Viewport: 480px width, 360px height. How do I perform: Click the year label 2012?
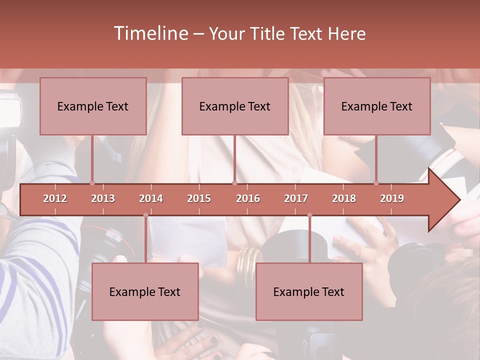click(55, 198)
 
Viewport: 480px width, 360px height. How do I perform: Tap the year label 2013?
click(103, 198)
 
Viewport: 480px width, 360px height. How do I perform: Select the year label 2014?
click(151, 198)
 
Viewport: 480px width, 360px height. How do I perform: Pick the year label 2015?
click(199, 198)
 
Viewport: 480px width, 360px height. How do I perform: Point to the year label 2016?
click(248, 198)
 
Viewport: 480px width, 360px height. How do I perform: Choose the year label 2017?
click(296, 198)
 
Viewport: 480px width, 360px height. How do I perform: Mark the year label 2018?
click(344, 198)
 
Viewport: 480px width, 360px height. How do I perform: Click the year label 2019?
click(392, 198)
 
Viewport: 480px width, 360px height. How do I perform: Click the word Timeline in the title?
click(150, 33)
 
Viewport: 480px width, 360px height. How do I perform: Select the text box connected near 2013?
click(93, 106)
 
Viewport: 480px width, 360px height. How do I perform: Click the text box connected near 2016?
click(235, 106)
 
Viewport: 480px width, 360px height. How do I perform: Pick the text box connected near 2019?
click(377, 106)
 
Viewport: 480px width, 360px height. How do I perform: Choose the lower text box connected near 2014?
click(145, 291)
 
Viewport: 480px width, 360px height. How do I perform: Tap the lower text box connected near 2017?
click(309, 291)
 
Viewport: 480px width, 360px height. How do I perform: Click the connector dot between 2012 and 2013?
click(92, 183)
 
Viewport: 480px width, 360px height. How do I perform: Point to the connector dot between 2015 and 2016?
click(234, 183)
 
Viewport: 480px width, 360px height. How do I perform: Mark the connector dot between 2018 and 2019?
click(376, 183)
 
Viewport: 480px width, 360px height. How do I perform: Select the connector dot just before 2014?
click(145, 215)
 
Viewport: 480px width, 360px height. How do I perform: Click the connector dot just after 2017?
click(309, 215)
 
